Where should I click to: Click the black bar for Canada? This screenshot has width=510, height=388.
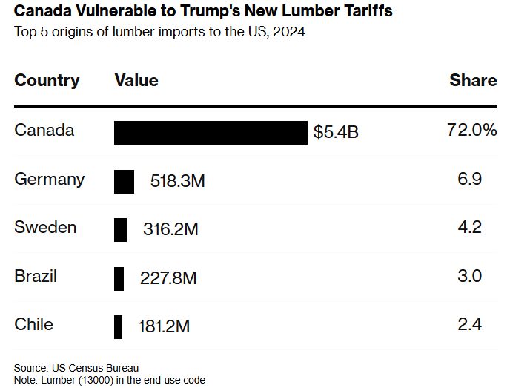click(210, 133)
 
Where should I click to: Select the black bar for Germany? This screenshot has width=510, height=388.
click(124, 181)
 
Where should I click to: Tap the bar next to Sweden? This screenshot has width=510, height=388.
click(120, 229)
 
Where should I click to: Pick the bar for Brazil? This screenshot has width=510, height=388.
click(119, 278)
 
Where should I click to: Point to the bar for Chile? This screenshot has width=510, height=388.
click(118, 326)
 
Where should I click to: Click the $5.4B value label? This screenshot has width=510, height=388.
click(336, 133)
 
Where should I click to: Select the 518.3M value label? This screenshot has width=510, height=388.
click(177, 181)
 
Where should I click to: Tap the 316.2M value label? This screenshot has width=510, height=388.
click(170, 229)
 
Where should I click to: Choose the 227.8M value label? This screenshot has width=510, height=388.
click(168, 278)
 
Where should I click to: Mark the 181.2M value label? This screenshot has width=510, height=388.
click(165, 326)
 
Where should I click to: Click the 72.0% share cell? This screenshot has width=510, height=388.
click(471, 131)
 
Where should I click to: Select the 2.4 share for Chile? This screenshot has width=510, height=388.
click(470, 324)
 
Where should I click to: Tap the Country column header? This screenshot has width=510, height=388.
click(47, 80)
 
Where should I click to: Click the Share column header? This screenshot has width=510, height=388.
click(473, 80)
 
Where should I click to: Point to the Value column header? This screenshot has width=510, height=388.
click(136, 80)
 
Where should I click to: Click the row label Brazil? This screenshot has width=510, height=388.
click(36, 276)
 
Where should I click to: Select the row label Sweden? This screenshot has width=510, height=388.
click(45, 227)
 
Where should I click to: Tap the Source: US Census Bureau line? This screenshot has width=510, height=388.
click(76, 368)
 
